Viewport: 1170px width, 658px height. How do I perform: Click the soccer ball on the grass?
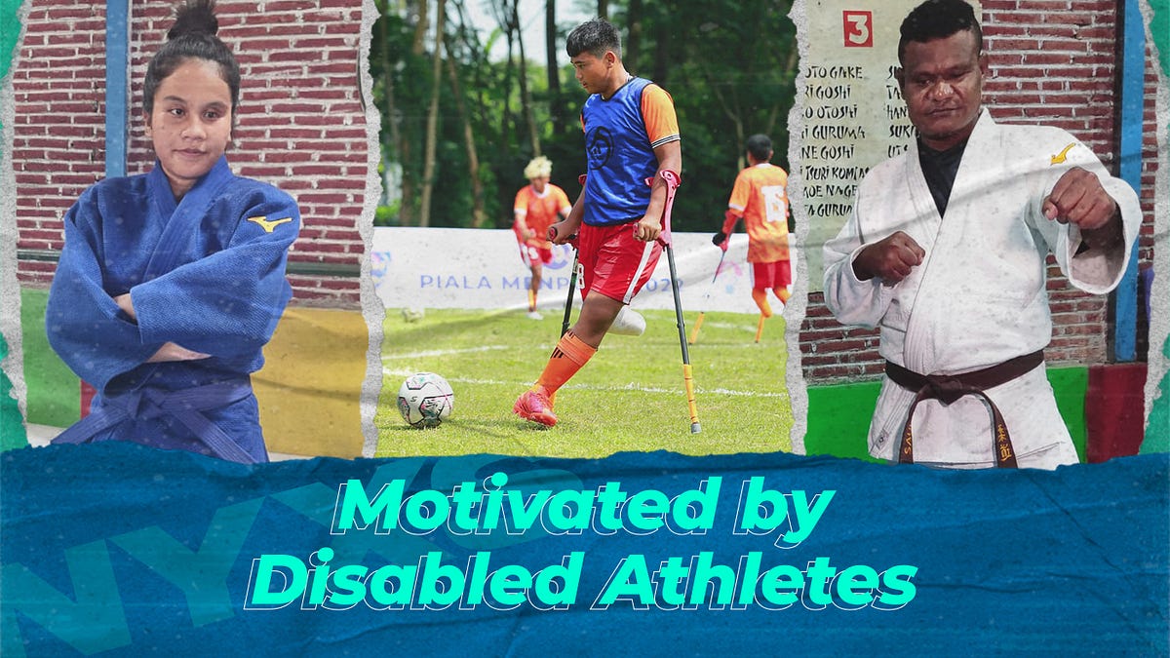coord(425,400)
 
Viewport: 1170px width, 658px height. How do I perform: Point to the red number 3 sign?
coord(857,28)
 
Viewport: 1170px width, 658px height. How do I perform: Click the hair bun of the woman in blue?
coord(192,20)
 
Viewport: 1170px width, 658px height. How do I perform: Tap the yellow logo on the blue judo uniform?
coord(269,223)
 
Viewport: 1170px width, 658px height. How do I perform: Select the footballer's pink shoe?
coord(535,406)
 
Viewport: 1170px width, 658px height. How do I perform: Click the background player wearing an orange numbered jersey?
coord(761,210)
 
